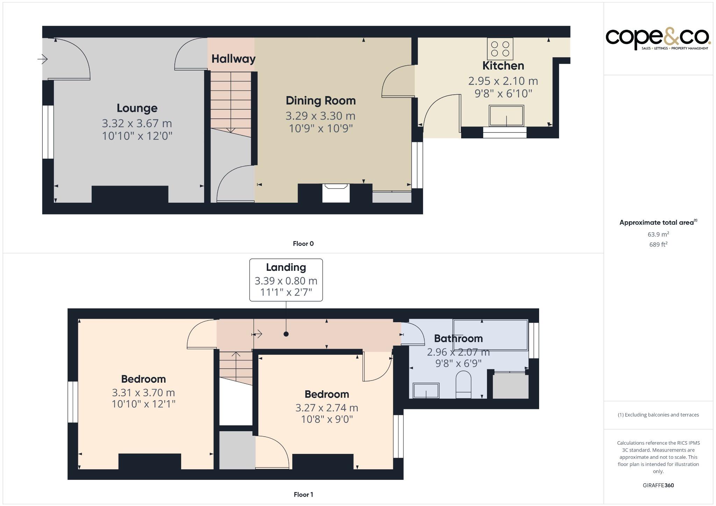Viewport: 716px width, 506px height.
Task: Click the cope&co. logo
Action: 658,39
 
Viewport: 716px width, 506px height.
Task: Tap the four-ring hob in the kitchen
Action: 500,49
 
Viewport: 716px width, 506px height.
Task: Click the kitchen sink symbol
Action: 506,116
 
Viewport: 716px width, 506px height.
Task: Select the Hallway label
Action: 233,59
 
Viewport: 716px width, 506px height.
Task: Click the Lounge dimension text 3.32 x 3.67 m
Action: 137,123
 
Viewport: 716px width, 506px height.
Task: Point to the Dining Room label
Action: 321,101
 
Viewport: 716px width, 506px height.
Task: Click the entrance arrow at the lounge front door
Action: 43,59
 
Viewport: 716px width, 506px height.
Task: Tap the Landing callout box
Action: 286,280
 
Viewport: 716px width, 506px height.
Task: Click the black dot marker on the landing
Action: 286,334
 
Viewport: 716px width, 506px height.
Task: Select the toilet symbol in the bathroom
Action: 464,385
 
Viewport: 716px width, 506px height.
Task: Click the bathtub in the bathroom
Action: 490,335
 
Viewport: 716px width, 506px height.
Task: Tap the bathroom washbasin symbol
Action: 426,391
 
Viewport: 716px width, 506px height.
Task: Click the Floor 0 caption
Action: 303,244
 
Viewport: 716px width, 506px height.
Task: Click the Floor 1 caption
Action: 303,494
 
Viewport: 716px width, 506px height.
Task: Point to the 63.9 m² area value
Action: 658,234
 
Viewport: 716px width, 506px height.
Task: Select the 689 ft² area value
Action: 658,245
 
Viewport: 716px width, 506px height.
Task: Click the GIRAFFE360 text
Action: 658,485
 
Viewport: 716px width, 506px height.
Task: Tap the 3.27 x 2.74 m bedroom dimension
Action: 327,408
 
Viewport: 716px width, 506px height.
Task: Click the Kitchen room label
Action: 503,66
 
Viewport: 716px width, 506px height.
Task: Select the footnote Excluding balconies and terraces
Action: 658,415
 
